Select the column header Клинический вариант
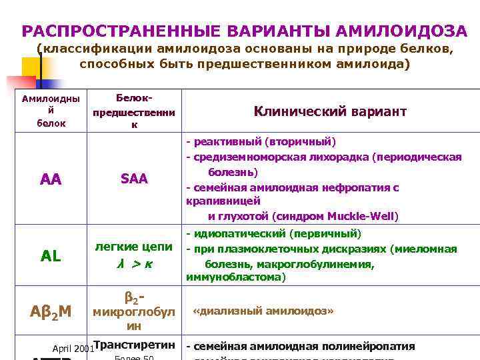[330, 111]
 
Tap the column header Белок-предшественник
[134, 111]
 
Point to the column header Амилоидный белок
[50, 111]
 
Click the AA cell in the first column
[51, 179]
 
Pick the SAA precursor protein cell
[134, 179]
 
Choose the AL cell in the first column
[51, 256]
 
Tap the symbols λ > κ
[134, 264]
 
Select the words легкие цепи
[134, 247]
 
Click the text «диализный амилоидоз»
[263, 311]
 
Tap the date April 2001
[73, 348]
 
